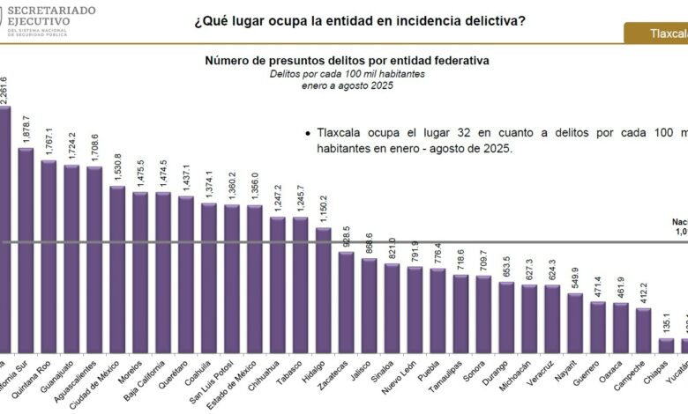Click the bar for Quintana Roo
(49, 255)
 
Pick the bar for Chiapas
(667, 345)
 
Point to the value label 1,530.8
(117, 168)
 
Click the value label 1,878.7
(26, 129)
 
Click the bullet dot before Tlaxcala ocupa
(306, 133)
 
